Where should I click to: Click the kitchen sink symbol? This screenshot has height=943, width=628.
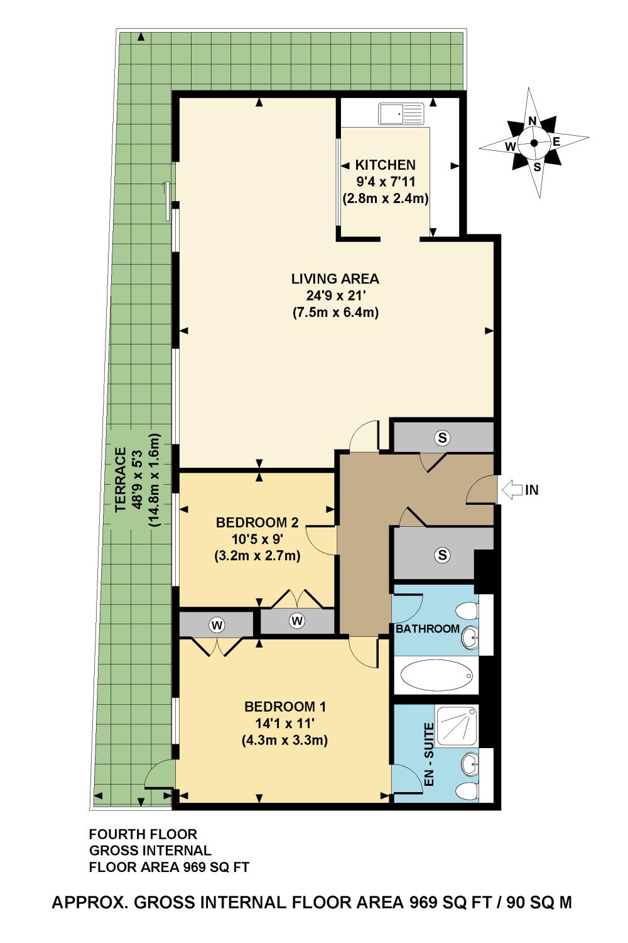click(x=401, y=114)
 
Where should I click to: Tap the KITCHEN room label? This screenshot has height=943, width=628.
click(x=386, y=165)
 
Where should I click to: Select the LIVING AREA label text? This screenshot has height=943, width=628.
click(x=335, y=278)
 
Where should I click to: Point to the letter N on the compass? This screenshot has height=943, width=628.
click(x=532, y=121)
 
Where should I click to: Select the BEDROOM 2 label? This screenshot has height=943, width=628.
click(x=257, y=523)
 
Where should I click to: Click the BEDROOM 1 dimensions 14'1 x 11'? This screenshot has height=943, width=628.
click(x=285, y=723)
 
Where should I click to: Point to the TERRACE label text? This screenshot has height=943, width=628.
click(x=121, y=480)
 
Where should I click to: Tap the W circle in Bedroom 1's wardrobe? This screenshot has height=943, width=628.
click(x=217, y=626)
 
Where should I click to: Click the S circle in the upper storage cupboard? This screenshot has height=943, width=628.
click(x=442, y=438)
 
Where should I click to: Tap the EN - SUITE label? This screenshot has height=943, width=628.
click(x=429, y=754)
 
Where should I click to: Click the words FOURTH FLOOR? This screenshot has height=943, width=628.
click(x=143, y=834)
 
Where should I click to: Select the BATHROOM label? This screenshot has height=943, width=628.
click(x=428, y=629)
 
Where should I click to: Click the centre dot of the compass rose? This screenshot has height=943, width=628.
click(x=534, y=143)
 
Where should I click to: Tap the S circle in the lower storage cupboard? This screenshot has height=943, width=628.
click(x=442, y=555)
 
